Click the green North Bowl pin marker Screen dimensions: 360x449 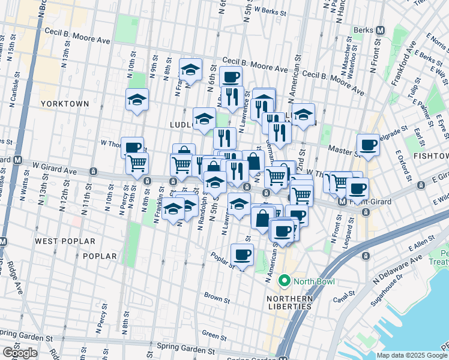point(284,280)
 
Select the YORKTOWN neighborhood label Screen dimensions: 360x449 point(65,104)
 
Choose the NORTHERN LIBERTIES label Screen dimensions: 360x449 point(291,302)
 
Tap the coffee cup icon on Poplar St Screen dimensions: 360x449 point(243,255)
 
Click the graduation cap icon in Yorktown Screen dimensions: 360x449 point(137,100)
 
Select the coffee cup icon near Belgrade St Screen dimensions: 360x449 point(368,145)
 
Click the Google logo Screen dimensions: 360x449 point(20,352)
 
